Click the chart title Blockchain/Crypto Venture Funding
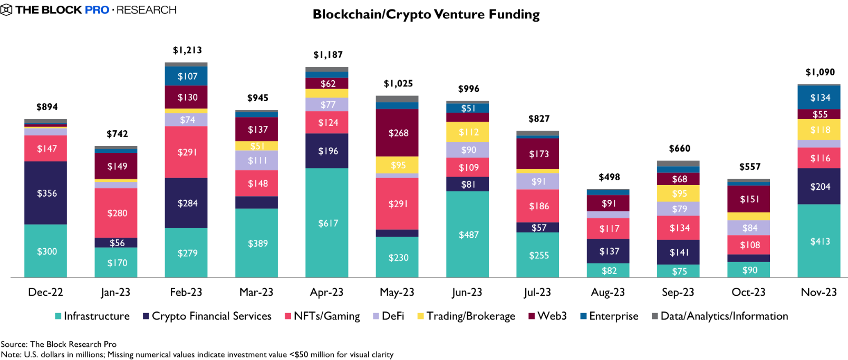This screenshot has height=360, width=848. pos(426,14)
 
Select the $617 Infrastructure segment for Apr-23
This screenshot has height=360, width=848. pos(327,223)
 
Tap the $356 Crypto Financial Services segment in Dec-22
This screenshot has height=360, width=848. pos(46,193)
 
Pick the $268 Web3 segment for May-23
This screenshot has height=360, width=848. pos(398,133)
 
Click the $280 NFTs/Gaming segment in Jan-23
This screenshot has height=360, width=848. pos(117,213)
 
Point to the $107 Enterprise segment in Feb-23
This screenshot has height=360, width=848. pos(187,76)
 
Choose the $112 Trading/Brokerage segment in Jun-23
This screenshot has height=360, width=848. pos(468,132)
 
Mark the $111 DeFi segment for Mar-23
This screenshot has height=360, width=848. pos(257,160)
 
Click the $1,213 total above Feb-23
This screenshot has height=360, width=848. pos(187,50)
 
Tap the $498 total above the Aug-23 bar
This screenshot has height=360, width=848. pos(609,177)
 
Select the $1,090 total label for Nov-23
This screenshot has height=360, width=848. pos(820,72)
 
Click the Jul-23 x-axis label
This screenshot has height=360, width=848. pos(537,292)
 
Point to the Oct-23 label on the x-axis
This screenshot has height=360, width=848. pos(748,292)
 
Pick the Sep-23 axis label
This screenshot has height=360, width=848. pos(678,292)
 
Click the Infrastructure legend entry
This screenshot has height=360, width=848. pos(92,316)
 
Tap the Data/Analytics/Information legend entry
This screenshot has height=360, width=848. pos(720,316)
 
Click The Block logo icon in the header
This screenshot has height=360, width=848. pos(6,10)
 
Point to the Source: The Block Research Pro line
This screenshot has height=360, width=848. pos(59,344)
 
